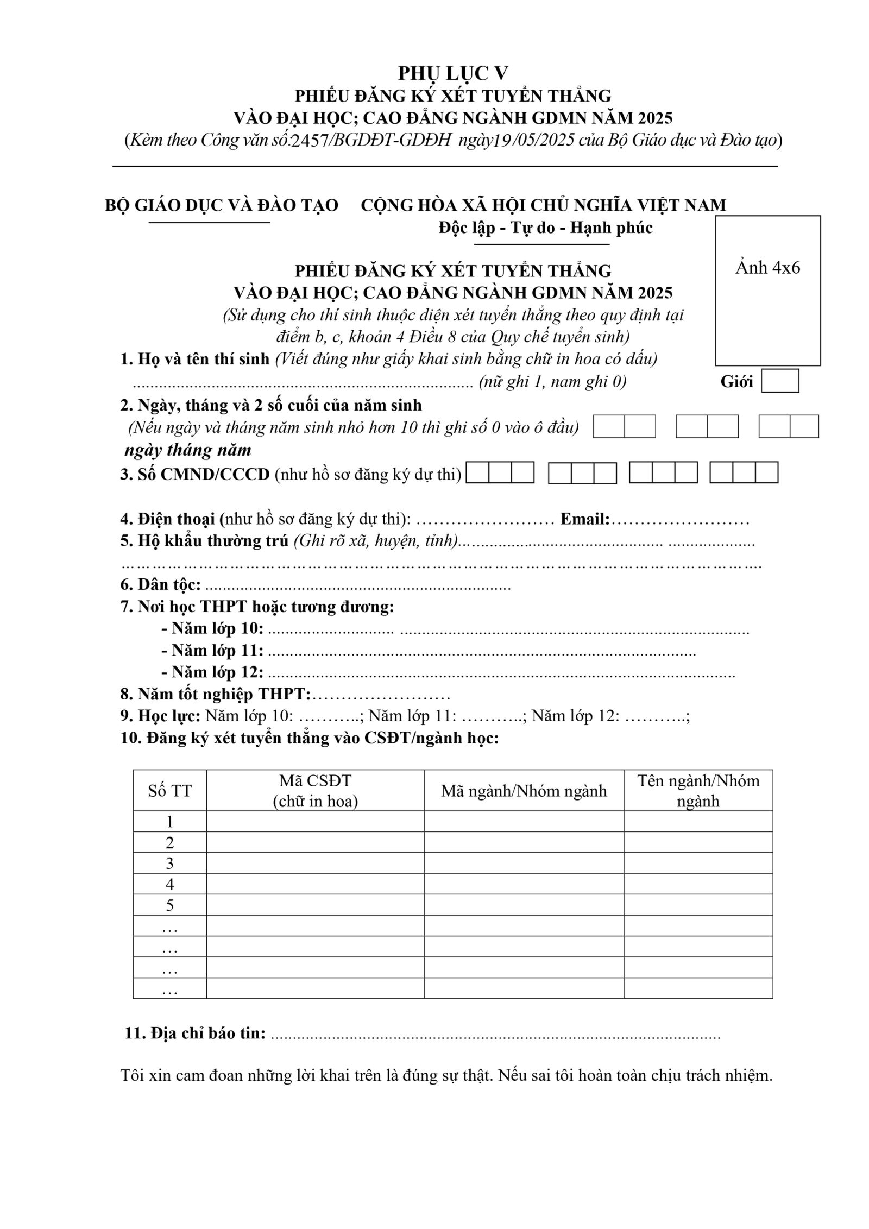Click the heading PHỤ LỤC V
click(x=452, y=73)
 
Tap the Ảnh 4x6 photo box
click(x=767, y=290)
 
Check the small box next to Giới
click(x=779, y=381)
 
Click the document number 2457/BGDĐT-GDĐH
click(x=371, y=141)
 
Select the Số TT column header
click(x=169, y=791)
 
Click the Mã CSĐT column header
click(x=315, y=791)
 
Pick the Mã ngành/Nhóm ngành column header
click(x=524, y=791)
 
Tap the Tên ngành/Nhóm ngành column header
click(x=698, y=791)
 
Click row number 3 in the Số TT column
click(x=169, y=863)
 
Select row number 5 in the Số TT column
click(x=169, y=905)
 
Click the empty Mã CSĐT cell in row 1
click(x=315, y=821)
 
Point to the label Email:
click(x=585, y=519)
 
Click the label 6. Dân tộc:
click(x=161, y=585)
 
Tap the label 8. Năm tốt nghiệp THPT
click(x=216, y=694)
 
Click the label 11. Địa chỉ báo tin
click(x=196, y=1033)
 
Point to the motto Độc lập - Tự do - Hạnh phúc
click(x=545, y=228)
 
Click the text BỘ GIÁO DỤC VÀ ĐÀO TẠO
click(x=222, y=205)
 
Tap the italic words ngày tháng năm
click(x=188, y=450)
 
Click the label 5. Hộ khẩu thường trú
click(x=204, y=541)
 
